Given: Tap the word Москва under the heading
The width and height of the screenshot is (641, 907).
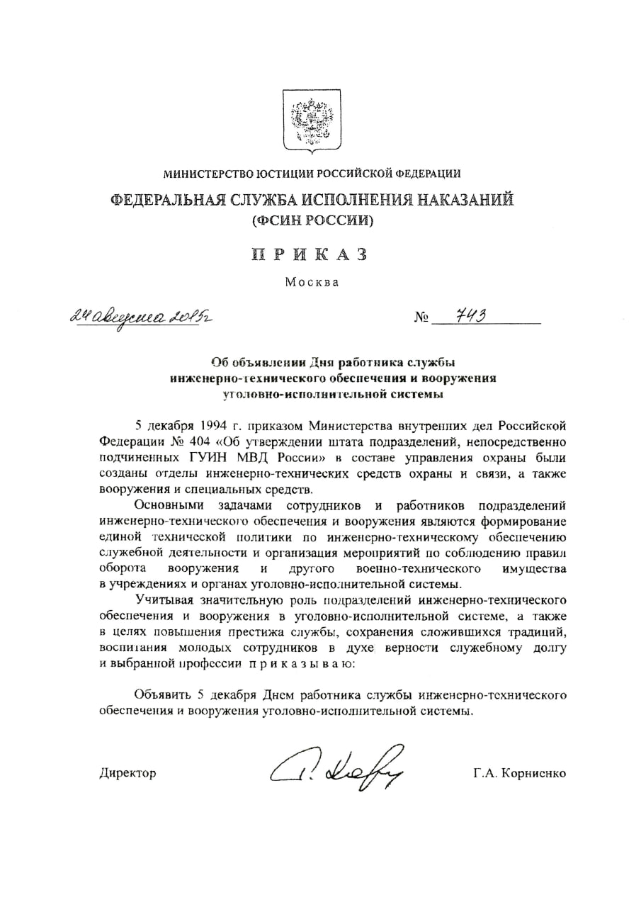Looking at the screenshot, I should (x=312, y=282).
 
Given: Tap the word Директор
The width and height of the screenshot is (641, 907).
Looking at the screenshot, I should (x=127, y=773).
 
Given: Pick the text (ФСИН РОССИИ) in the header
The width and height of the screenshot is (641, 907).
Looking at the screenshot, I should (x=312, y=220).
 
